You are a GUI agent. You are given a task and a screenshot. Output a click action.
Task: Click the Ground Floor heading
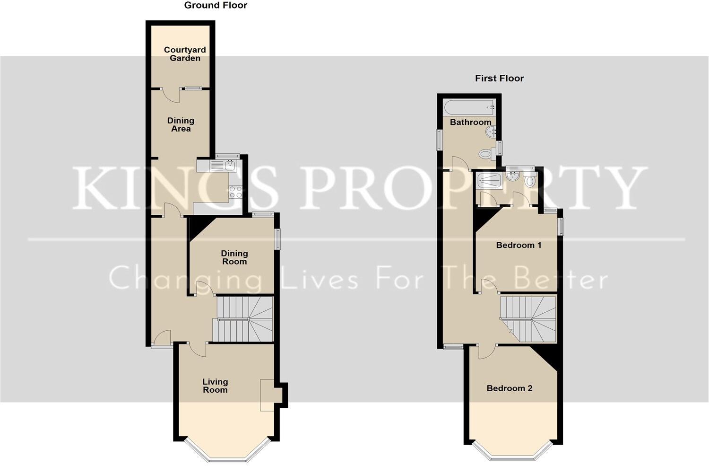click(216, 6)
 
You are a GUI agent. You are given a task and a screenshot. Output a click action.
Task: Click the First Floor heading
click(499, 79)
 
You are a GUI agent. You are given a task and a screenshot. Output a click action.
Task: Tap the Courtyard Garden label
click(185, 54)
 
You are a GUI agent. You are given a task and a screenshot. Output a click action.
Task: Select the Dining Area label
click(181, 124)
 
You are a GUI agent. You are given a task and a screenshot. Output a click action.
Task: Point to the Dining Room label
click(234, 257)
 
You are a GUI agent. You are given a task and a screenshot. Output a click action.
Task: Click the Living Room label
click(215, 386)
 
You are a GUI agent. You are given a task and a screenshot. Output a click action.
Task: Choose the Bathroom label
click(470, 122)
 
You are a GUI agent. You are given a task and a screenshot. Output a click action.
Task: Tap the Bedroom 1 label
click(519, 245)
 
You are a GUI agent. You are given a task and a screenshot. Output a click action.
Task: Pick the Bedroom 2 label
click(510, 388)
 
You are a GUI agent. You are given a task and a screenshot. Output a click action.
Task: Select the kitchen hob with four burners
click(235, 192)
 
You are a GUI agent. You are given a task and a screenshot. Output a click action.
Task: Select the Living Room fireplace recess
click(268, 395)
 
